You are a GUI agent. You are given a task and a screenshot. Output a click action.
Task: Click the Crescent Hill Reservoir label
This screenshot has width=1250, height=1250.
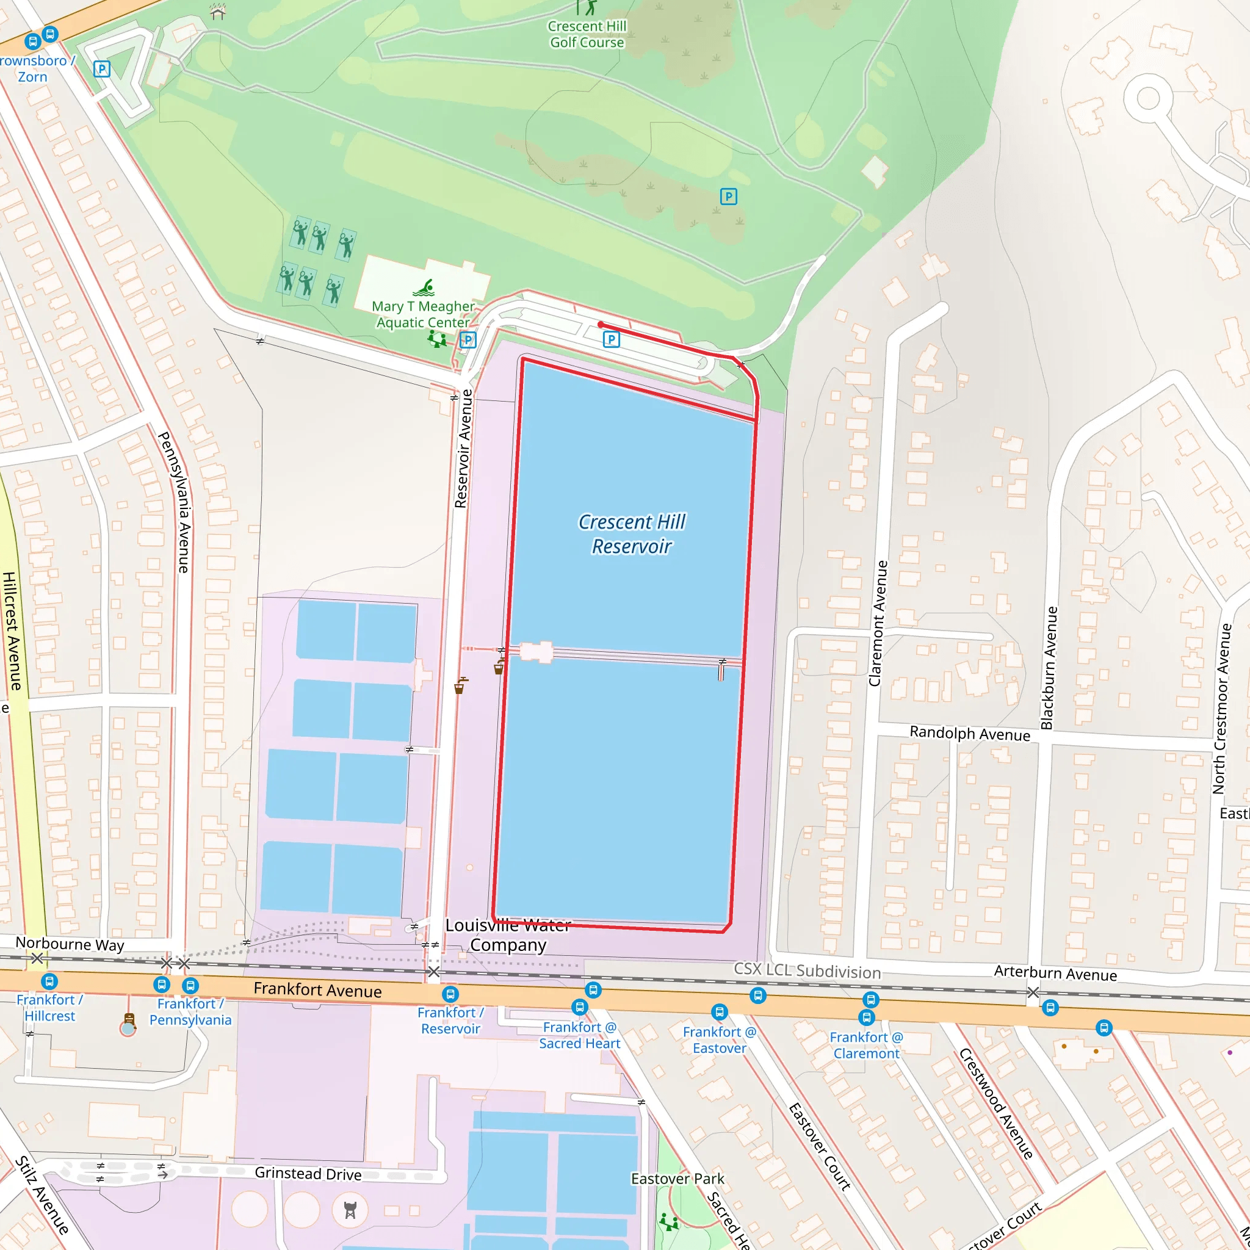pos(632,535)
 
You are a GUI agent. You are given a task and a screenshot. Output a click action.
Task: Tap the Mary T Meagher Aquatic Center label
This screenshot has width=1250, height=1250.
pos(423,314)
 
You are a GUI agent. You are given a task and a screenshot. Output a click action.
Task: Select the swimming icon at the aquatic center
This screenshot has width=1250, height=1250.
pos(424,288)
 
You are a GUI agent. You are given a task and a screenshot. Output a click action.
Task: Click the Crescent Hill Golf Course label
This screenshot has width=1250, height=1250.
pos(587,34)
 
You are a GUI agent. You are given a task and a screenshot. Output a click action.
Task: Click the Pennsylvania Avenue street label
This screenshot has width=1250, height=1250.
pos(175,502)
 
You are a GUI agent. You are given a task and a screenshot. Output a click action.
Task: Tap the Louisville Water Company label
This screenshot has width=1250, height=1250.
pos(508,935)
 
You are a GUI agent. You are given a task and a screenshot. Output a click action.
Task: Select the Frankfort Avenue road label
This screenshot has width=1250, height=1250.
pos(317,990)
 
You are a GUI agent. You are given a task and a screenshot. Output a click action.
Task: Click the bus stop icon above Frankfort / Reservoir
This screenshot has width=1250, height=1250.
pos(450,994)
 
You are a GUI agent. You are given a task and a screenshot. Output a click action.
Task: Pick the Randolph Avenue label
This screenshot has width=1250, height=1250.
pos(969,733)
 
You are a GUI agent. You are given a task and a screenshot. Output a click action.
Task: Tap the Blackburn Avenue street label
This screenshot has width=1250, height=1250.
pos(1049,667)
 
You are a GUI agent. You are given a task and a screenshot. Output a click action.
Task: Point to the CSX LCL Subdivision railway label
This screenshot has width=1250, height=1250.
pos(807,970)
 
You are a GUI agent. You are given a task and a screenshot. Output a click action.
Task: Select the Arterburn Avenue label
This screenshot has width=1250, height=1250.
pos(1055,974)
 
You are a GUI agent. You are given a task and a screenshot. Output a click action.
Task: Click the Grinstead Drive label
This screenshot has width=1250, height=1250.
pos(308,1174)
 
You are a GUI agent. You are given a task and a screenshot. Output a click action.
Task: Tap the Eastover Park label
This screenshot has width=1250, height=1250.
pos(677,1179)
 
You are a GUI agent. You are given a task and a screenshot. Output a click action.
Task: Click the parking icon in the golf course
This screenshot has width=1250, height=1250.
pos(729,197)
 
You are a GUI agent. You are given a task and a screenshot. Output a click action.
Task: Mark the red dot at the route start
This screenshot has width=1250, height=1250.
pos(601,325)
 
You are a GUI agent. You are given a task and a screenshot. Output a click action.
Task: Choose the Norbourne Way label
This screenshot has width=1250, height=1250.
pos(70,944)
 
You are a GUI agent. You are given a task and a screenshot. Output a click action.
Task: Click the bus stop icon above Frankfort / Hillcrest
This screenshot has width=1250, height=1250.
pos(50,981)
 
